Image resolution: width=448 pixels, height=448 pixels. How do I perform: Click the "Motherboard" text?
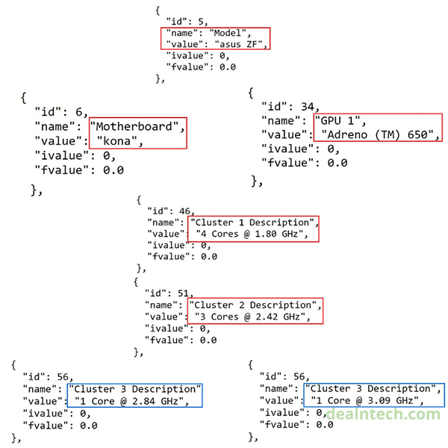135,125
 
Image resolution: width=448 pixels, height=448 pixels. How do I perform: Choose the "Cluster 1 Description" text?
254,223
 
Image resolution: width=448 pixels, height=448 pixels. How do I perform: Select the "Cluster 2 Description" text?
254,305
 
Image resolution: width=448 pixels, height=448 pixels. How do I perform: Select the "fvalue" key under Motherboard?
56,170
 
